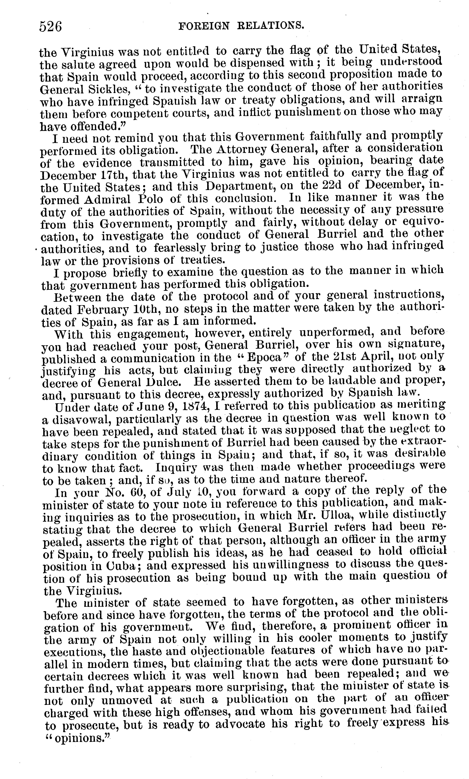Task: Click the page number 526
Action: point(51,27)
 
